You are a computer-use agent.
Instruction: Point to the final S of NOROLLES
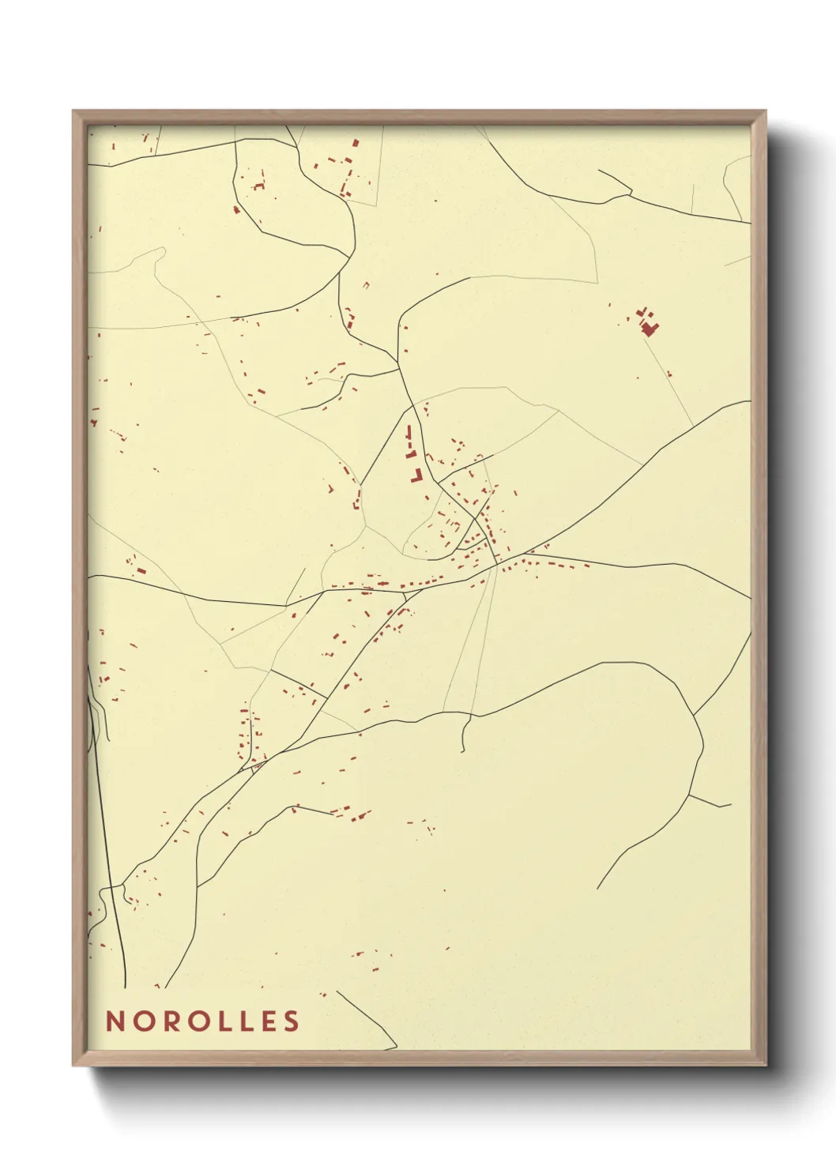click(292, 1021)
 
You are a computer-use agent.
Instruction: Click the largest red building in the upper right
click(650, 328)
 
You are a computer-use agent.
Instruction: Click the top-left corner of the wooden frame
click(74, 111)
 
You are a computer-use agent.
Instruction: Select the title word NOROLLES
click(202, 1021)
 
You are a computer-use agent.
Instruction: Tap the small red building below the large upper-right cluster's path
click(669, 374)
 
